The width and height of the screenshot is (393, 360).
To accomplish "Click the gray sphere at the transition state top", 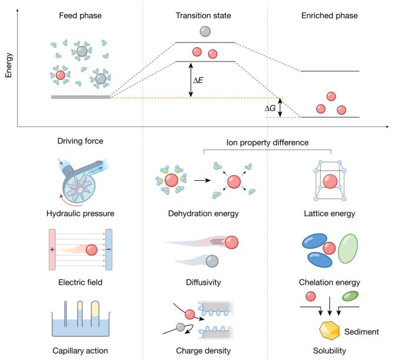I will tap(204, 31).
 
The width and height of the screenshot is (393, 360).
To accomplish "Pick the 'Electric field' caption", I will tap(80, 282).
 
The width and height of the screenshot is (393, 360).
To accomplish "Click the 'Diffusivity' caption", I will tap(204, 282).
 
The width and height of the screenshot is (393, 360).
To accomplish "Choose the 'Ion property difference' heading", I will tap(267, 143).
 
